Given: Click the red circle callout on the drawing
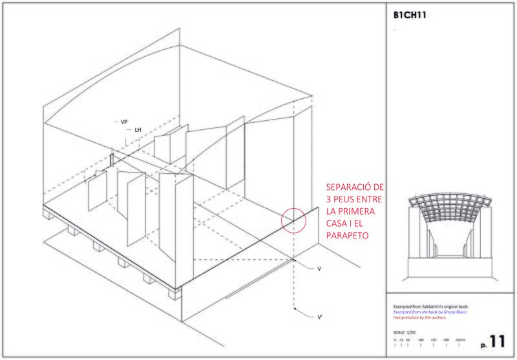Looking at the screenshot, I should (x=293, y=219).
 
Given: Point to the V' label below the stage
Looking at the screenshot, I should (x=319, y=317).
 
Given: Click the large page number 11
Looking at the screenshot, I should (x=496, y=341).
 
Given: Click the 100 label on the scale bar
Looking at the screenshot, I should (x=421, y=339).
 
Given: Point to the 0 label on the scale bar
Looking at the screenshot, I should (x=394, y=339).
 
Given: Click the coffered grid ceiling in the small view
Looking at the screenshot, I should (x=450, y=203).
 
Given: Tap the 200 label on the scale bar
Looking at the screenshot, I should (x=445, y=339).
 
